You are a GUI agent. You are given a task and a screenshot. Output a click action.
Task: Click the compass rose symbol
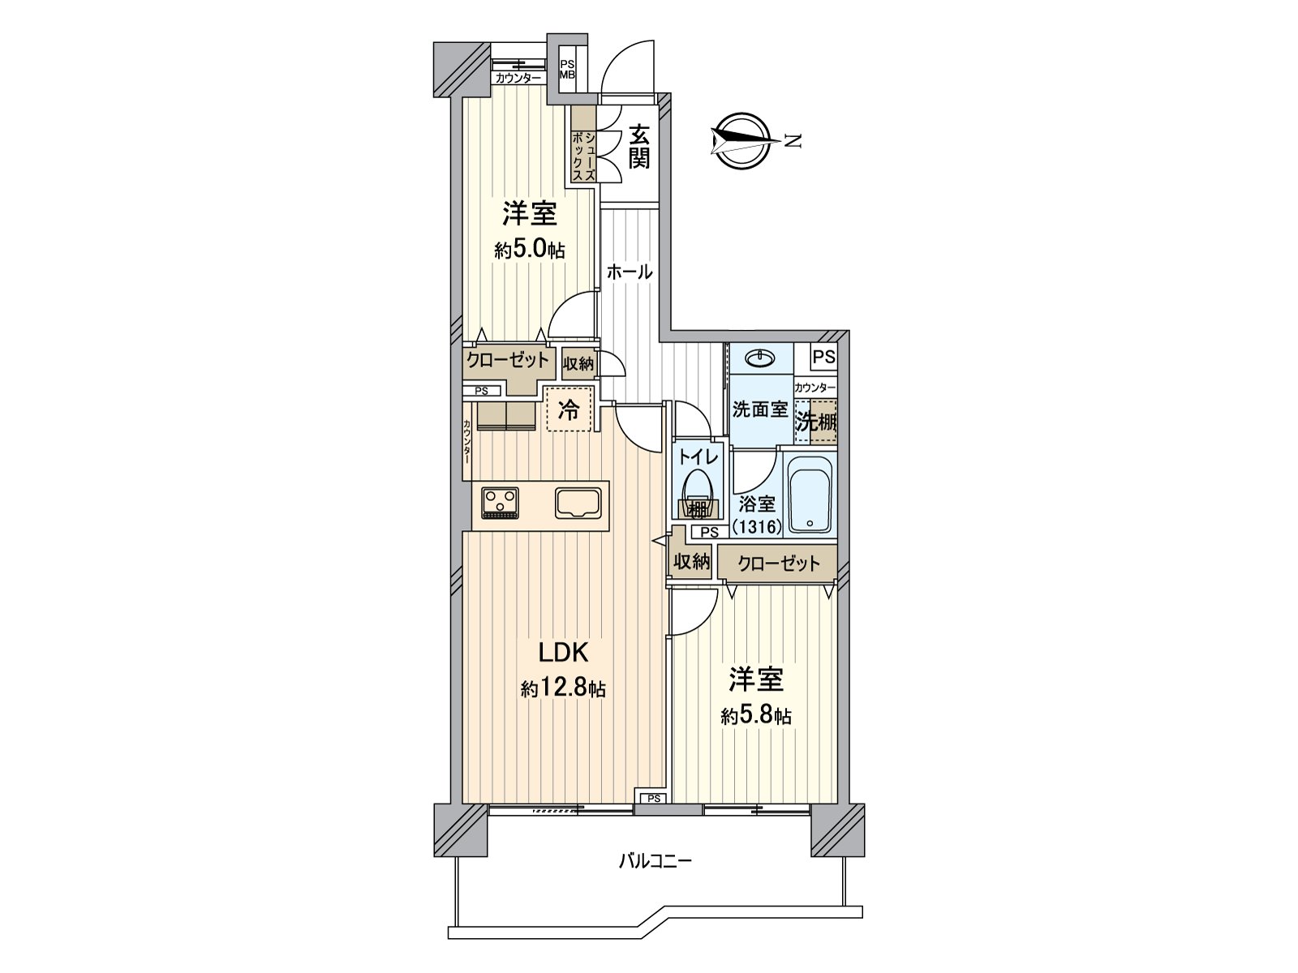pyautogui.click(x=741, y=140)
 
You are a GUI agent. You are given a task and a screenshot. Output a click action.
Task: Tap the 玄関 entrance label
pyautogui.click(x=639, y=146)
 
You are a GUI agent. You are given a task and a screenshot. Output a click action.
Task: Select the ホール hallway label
pyautogui.click(x=630, y=272)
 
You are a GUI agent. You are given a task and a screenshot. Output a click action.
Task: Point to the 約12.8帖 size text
pyautogui.click(x=562, y=689)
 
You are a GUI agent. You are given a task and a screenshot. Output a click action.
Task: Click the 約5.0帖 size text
pyautogui.click(x=529, y=250)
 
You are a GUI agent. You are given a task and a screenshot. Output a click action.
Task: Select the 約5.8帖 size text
pyautogui.click(x=756, y=716)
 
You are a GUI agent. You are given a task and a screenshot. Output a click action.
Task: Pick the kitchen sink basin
pyautogui.click(x=579, y=503)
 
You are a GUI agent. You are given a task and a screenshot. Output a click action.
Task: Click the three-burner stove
pyautogui.click(x=500, y=502)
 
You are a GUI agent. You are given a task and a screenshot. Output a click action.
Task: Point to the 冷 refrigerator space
pyautogui.click(x=570, y=410)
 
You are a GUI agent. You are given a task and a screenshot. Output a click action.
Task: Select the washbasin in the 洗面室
pyautogui.click(x=761, y=358)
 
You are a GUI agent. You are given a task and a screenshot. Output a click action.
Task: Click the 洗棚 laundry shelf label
pyautogui.click(x=815, y=422)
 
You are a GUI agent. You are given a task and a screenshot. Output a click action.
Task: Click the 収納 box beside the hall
pyautogui.click(x=578, y=364)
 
